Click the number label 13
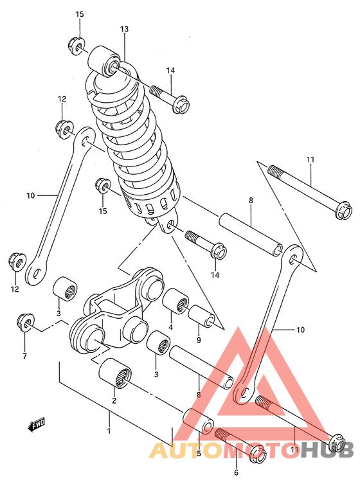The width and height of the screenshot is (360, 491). [124, 29]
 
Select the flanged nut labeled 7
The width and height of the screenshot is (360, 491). [24, 323]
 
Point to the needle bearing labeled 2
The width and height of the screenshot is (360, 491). [116, 373]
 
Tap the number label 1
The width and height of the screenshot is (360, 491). [109, 430]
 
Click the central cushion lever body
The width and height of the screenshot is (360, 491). [119, 308]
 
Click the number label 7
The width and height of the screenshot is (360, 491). [24, 355]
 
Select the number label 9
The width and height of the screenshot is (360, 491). [199, 340]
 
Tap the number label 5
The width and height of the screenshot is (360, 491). [199, 454]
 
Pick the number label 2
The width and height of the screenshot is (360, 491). [114, 401]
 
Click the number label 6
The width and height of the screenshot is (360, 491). [236, 472]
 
